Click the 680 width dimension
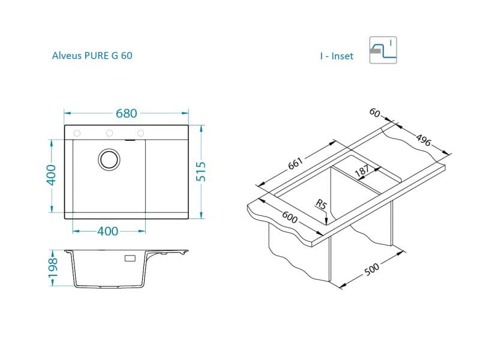[x=126, y=113]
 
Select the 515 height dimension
[x=201, y=172]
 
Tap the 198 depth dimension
[x=53, y=268]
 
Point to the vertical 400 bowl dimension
[x=51, y=175]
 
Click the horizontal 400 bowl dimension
[x=108, y=232]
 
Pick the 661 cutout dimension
[x=295, y=163]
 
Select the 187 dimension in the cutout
[x=362, y=171]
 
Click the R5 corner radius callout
[x=321, y=205]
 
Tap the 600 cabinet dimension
[x=290, y=217]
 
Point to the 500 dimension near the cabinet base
[x=372, y=269]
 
